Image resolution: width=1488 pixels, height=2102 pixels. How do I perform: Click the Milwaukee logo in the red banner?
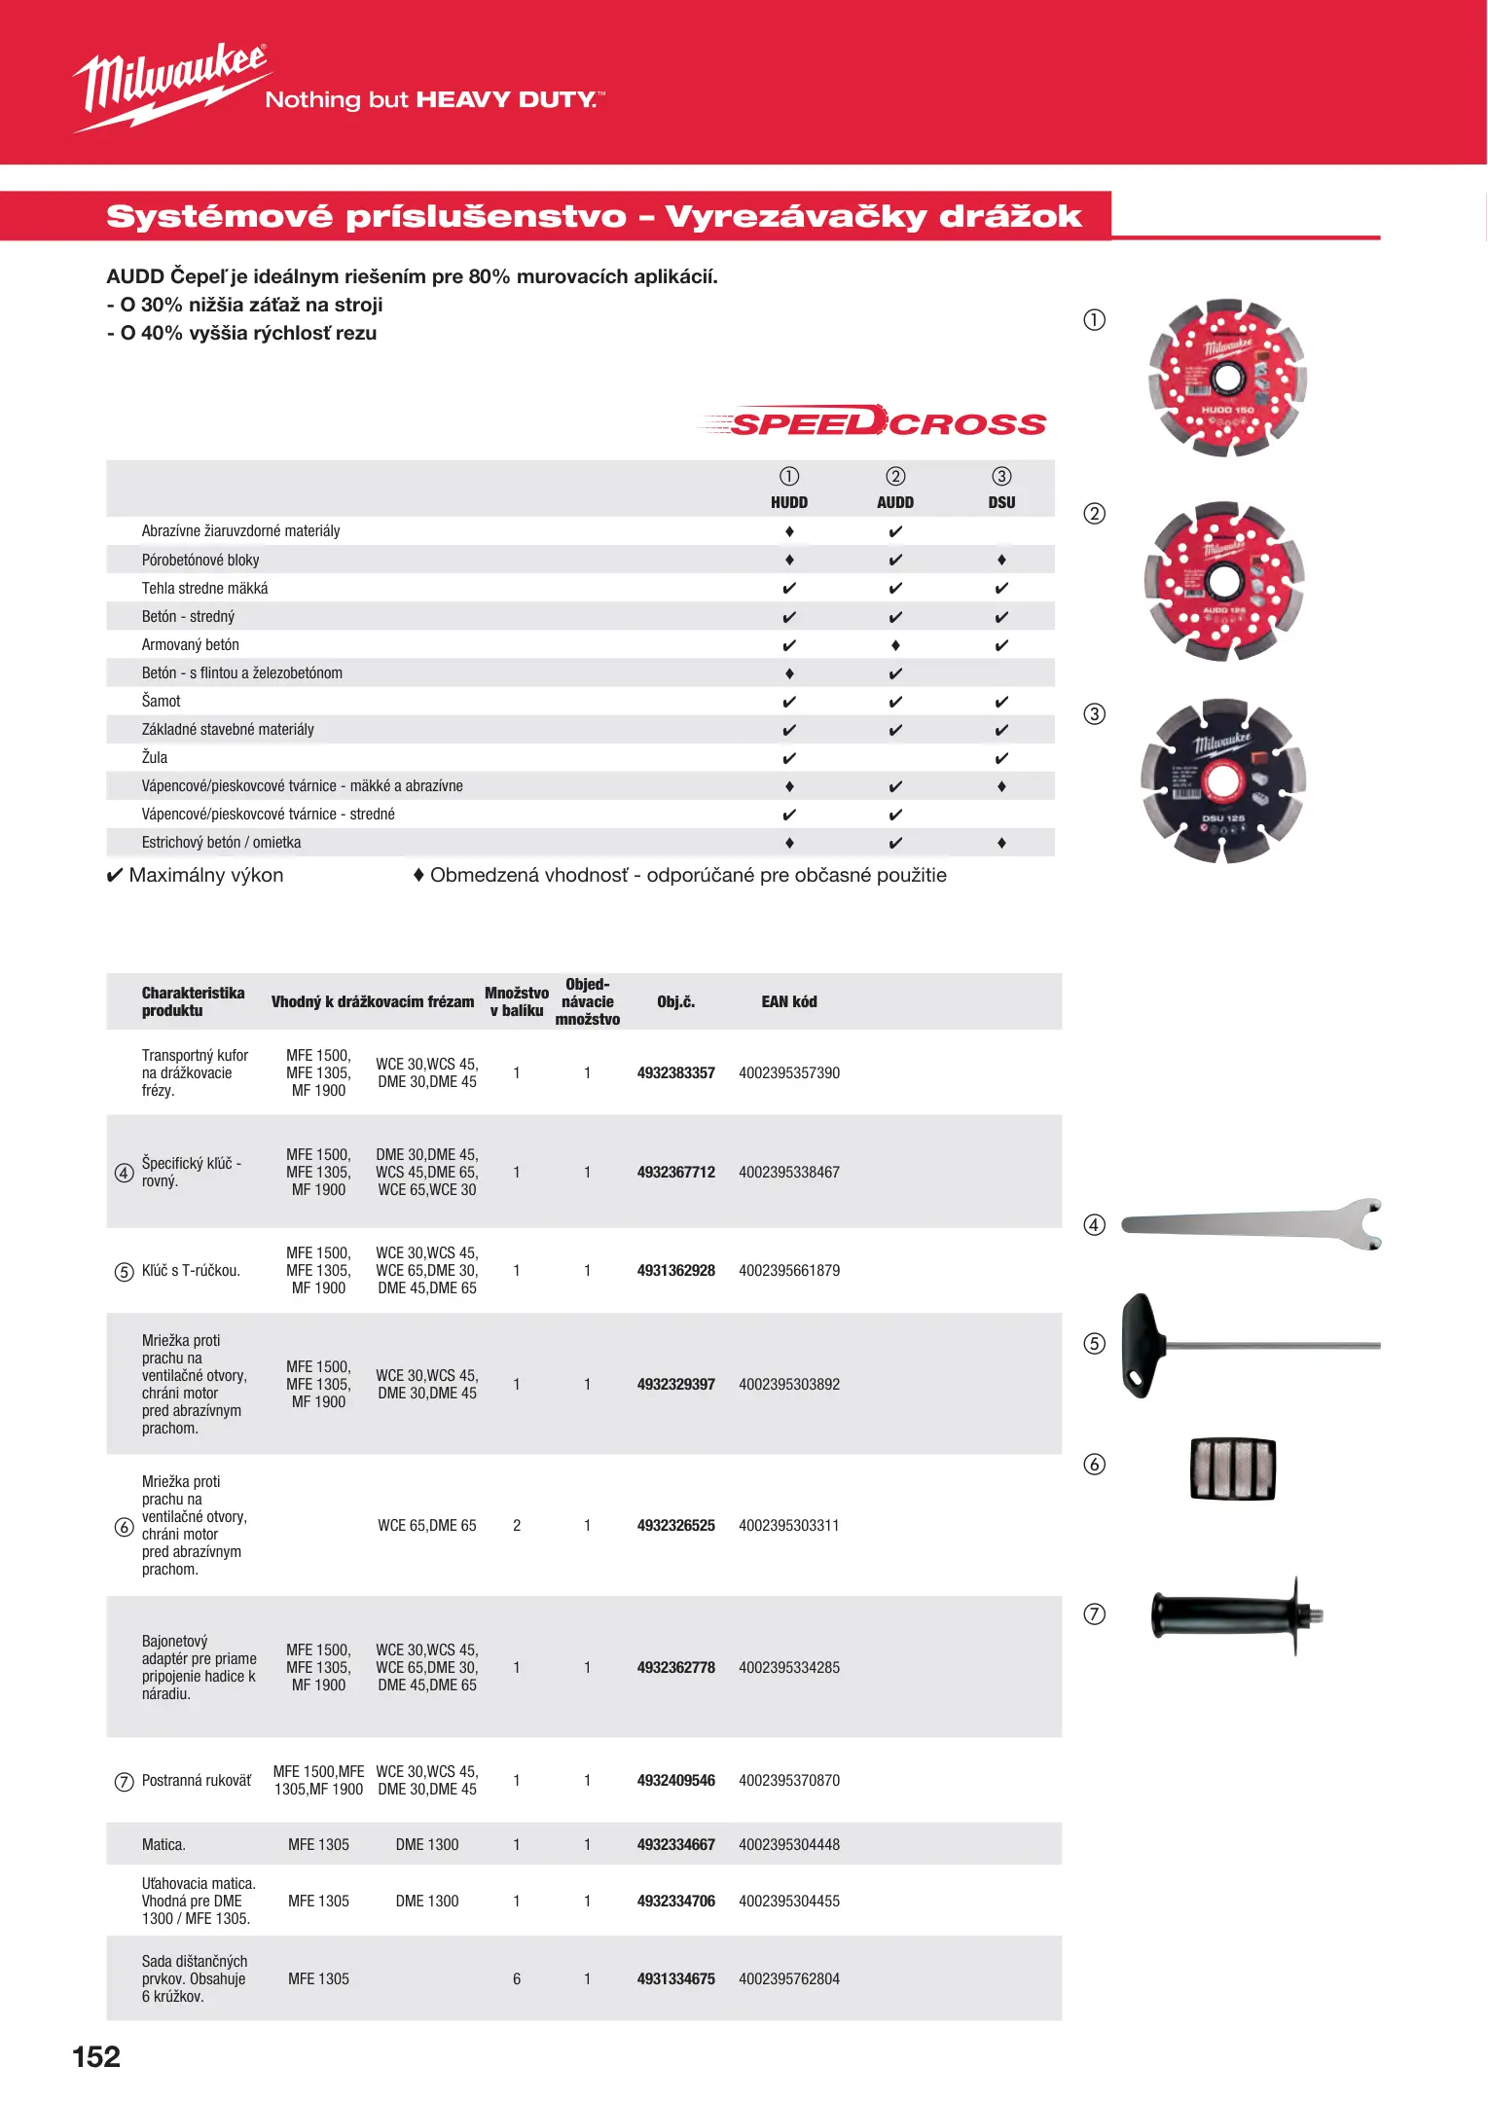point(170,86)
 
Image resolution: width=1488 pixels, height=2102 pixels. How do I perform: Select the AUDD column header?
point(894,502)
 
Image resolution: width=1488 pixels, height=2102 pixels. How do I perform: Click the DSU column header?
point(1001,502)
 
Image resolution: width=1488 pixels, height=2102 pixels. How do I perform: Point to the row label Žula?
point(155,757)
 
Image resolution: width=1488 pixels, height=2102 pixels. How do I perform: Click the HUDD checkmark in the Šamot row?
point(789,702)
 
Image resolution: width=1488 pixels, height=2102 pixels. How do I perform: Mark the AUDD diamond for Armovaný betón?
point(895,645)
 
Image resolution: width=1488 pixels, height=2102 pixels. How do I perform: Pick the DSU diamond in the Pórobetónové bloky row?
point(1001,560)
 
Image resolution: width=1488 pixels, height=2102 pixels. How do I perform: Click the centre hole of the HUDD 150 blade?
point(1226,377)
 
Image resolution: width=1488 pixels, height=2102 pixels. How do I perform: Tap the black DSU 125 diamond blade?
point(1222,780)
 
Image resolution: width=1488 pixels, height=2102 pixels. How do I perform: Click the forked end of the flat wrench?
point(1367,1224)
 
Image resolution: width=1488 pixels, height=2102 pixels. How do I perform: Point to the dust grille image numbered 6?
point(1233,1468)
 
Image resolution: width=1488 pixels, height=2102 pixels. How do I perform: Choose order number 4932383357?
point(675,1072)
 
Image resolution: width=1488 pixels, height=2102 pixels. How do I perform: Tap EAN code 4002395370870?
point(788,1780)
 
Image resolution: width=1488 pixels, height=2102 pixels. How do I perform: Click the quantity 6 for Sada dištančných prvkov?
point(517,1978)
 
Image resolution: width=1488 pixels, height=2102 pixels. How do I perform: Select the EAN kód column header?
point(788,1001)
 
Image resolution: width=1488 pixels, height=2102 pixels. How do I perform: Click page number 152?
point(96,2056)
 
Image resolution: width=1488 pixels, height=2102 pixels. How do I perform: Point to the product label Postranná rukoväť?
point(197,1780)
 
